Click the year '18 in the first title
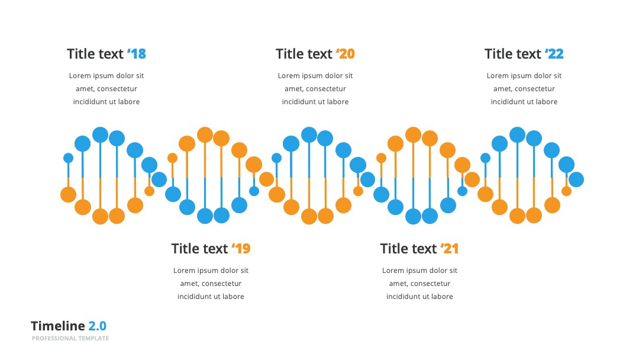[x=137, y=54]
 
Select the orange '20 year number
[x=345, y=54]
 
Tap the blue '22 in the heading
[x=554, y=54]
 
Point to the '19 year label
[x=241, y=249]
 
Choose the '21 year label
[x=450, y=249]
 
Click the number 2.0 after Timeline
[x=98, y=326]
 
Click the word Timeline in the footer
[x=58, y=326]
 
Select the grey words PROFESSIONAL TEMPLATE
[x=70, y=339]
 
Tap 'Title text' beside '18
[x=95, y=54]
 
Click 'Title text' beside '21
[x=408, y=249]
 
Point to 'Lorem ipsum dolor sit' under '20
[x=315, y=76]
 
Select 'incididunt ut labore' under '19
[x=211, y=297]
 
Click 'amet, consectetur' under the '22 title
[x=524, y=89]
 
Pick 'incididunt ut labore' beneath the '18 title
[x=106, y=102]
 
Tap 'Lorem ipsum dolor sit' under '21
[x=419, y=271]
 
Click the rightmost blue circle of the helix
[x=576, y=179]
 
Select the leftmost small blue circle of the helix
[x=69, y=158]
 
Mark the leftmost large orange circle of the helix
[x=69, y=194]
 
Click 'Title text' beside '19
[x=199, y=249]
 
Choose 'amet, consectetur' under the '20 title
[x=315, y=89]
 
